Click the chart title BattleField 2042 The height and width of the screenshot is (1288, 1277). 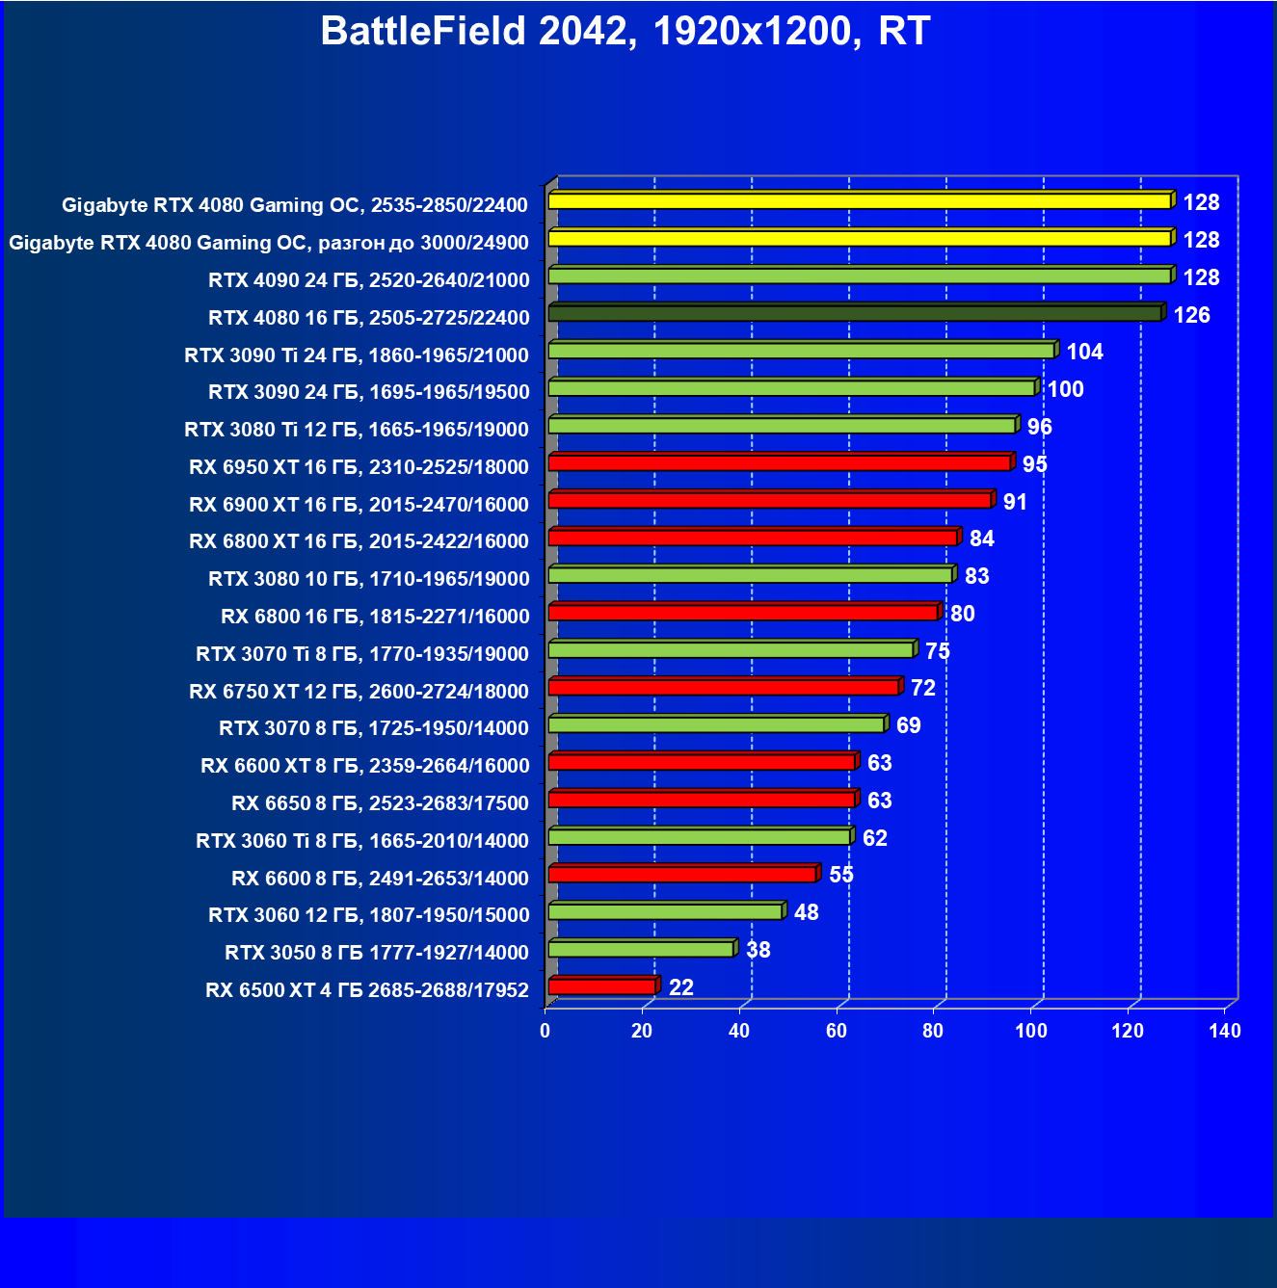(x=625, y=31)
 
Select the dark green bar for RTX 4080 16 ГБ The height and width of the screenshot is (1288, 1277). (x=855, y=314)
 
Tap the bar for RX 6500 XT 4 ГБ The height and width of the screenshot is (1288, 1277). (x=601, y=986)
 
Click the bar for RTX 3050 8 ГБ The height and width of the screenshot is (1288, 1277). (x=641, y=950)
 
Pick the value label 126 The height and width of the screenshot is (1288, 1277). (x=1191, y=315)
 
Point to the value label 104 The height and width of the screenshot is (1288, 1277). (x=1084, y=352)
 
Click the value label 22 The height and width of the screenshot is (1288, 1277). (x=680, y=987)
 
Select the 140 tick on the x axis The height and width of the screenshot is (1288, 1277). (x=1224, y=1031)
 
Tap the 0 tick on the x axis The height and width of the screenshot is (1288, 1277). (x=545, y=1031)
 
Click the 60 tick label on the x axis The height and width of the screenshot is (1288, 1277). (x=837, y=1031)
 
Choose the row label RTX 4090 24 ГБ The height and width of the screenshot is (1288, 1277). (x=368, y=280)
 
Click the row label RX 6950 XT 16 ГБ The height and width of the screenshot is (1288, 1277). (x=359, y=467)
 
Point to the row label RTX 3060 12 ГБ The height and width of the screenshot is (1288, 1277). (x=368, y=915)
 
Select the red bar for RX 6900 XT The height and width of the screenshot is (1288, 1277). (x=769, y=501)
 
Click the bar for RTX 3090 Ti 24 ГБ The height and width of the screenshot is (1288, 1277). (x=801, y=351)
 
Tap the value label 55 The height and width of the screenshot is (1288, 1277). (x=840, y=875)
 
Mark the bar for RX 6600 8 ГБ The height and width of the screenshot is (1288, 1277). (x=682, y=875)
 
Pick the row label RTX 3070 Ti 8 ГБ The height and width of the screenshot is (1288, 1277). (x=361, y=654)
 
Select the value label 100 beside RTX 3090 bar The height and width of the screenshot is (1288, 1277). (x=1065, y=389)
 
